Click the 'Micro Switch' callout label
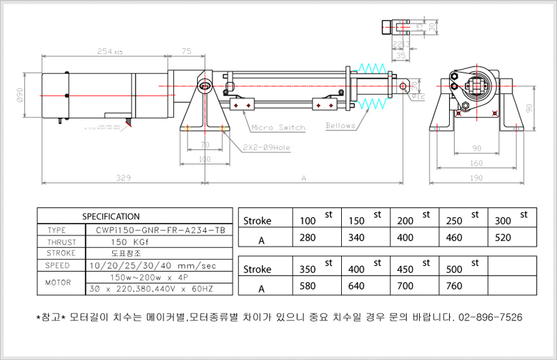tap(278, 127)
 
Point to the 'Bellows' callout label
tap(340, 126)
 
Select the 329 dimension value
tap(123, 178)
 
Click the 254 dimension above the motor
tap(105, 51)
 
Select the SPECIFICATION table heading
tap(111, 217)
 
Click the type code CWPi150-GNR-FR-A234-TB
tap(155, 230)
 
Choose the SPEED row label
tap(58, 265)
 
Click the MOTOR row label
tap(58, 283)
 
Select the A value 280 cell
tap(308, 237)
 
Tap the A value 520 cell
tap(503, 237)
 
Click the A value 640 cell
tap(356, 286)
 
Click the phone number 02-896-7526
tap(490, 317)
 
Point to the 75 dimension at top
tap(186, 51)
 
